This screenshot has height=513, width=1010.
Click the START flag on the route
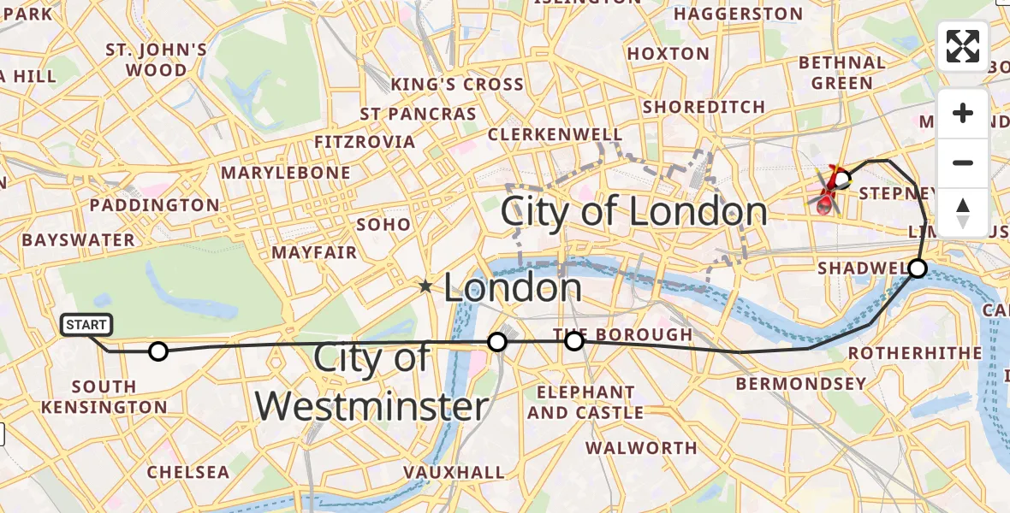tap(86, 325)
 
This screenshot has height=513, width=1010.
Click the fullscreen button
tap(963, 46)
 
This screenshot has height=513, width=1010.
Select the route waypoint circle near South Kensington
tap(157, 351)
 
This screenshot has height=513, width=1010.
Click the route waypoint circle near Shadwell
tap(917, 268)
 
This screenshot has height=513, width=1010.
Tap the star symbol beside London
tap(425, 286)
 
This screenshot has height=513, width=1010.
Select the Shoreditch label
tap(704, 107)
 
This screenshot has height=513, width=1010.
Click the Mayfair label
tap(314, 253)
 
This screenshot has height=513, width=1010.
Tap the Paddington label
tap(155, 205)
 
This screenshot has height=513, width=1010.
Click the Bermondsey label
tap(801, 384)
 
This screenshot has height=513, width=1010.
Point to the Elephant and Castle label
tap(585, 403)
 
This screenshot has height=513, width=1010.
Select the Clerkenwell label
tap(555, 135)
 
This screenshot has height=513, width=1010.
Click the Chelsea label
tap(188, 473)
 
